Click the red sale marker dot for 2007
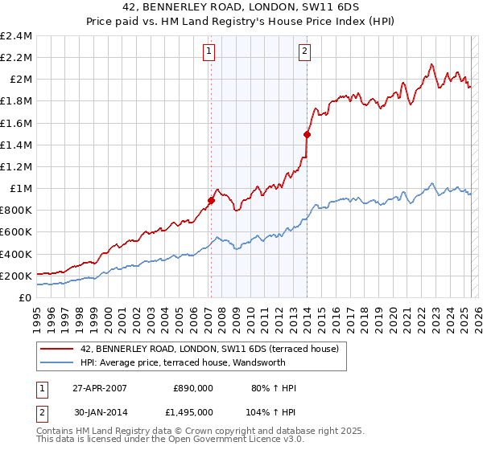211,201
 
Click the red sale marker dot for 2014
307,134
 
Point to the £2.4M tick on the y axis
16,36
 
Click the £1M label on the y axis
21,189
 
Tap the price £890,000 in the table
193,388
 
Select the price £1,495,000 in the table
188,411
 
